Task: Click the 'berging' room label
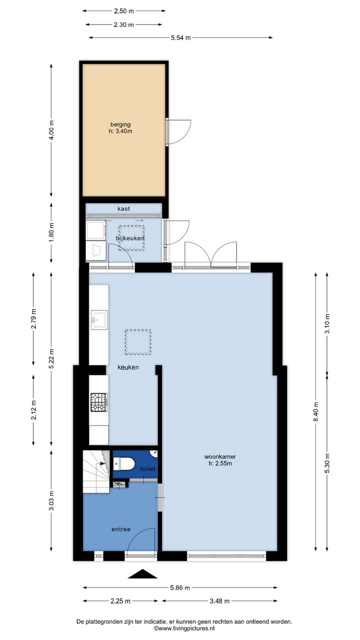pyautogui.click(x=120, y=124)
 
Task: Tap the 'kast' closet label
pyautogui.click(x=123, y=208)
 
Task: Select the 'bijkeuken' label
pyautogui.click(x=130, y=238)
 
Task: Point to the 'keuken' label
pyautogui.click(x=128, y=367)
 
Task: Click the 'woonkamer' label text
pyautogui.click(x=219, y=456)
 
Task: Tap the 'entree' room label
pyautogui.click(x=121, y=529)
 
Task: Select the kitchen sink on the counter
pyautogui.click(x=99, y=319)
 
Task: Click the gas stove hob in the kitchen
pyautogui.click(x=98, y=402)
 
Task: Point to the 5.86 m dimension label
pyautogui.click(x=179, y=588)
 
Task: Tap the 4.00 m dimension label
pyautogui.click(x=51, y=130)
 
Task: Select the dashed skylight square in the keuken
pyautogui.click(x=138, y=342)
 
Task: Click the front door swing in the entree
pyautogui.click(x=142, y=539)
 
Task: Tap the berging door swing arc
pyautogui.click(x=179, y=131)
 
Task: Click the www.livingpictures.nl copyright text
pyautogui.click(x=184, y=628)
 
